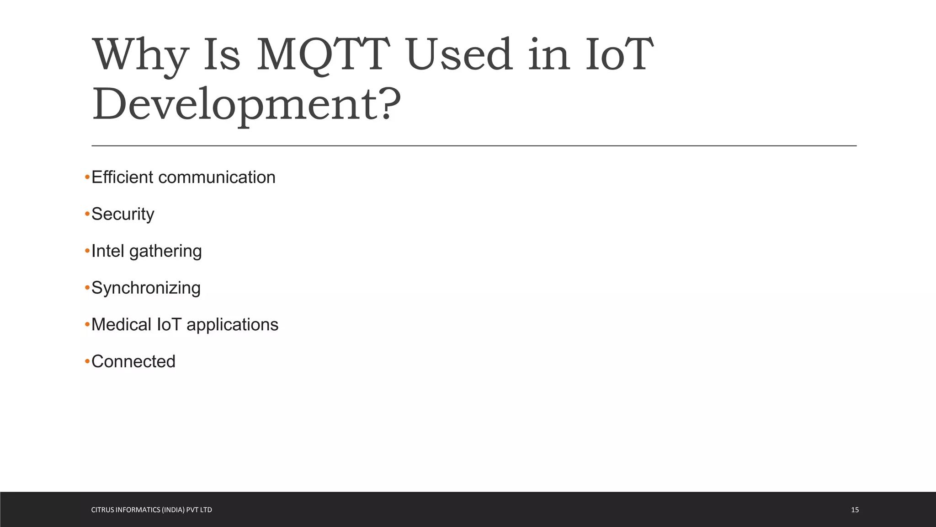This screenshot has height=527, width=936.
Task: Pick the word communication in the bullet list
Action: coord(217,177)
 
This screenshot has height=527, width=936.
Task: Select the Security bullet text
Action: coord(123,214)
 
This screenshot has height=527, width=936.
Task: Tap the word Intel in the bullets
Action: coord(108,251)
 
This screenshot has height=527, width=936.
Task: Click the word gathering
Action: coord(165,252)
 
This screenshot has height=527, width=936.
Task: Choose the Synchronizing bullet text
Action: coord(146,288)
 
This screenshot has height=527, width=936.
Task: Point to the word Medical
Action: coord(121,325)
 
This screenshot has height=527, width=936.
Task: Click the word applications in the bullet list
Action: coord(232,325)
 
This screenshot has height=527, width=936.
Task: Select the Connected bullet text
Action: coord(133,362)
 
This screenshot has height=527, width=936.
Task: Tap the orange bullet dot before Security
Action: coord(87,214)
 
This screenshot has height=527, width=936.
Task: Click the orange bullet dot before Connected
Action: coord(87,362)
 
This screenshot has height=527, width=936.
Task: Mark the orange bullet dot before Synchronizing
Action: coord(87,288)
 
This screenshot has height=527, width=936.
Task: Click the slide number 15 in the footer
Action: coord(855,510)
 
